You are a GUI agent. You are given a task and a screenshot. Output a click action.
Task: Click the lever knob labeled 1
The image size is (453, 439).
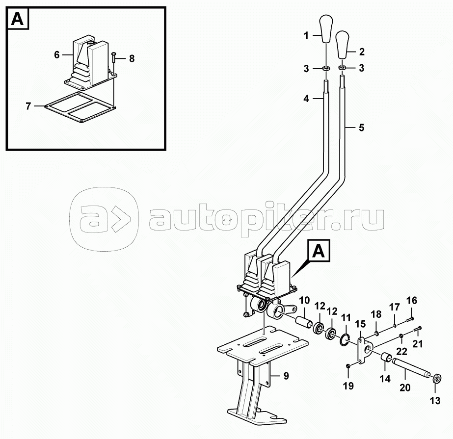[325, 29]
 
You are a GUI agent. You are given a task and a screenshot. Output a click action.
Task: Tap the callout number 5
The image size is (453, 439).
[361, 129]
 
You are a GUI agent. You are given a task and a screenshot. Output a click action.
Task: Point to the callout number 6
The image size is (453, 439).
[56, 55]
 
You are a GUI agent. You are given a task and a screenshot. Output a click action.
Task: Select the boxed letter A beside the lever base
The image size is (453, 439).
[319, 252]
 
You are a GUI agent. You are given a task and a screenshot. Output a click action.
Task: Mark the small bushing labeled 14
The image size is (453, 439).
[385, 360]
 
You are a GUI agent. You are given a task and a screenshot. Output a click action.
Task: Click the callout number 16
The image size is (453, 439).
[411, 300]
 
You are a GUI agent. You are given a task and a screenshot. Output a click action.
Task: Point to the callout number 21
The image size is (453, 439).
[417, 344]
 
